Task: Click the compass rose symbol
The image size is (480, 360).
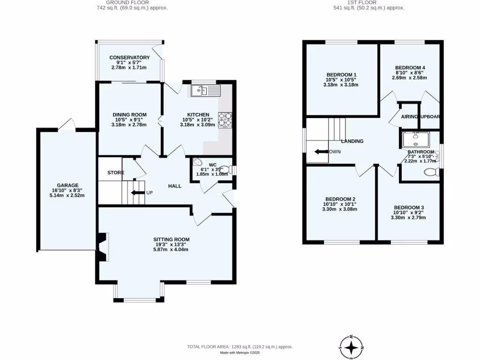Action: click(352, 347)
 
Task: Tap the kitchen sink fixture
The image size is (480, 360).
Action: click(205, 90)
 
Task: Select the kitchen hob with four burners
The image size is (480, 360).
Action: click(225, 120)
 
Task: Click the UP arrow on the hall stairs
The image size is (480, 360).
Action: click(137, 192)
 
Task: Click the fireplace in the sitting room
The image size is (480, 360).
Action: click(103, 247)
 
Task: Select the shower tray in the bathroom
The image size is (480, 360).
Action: click(415, 140)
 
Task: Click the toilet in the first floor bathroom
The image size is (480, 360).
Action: click(430, 172)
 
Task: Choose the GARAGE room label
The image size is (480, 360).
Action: click(67, 185)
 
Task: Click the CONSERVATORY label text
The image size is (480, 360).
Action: click(129, 58)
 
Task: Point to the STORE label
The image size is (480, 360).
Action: click(116, 173)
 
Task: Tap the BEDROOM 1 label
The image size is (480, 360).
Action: click(341, 75)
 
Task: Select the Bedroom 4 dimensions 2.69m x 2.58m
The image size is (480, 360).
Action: click(409, 77)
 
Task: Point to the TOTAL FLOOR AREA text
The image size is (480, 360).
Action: click(240, 347)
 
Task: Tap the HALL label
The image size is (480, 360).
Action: click(175, 186)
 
